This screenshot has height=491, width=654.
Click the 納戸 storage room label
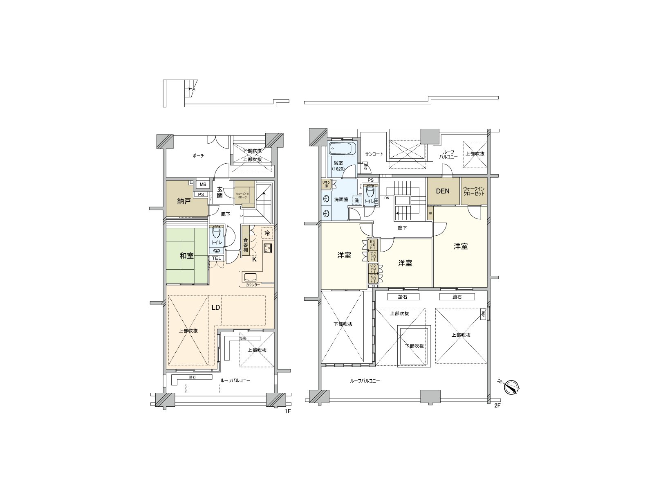pyautogui.click(x=184, y=201)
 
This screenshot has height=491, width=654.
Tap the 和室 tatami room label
pyautogui.click(x=186, y=256)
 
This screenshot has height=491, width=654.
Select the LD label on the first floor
pyautogui.click(x=216, y=307)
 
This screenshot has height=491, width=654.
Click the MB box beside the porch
pyautogui.click(x=203, y=185)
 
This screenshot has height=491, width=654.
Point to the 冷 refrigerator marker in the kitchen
pyautogui.click(x=267, y=233)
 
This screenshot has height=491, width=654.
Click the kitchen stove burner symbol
pyautogui.click(x=268, y=248)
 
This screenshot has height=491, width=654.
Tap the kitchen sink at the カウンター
pyautogui.click(x=251, y=277)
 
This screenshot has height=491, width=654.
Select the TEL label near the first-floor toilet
pyautogui.click(x=216, y=258)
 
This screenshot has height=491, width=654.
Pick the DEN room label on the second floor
pyautogui.click(x=443, y=191)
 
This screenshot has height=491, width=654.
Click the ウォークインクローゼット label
pyautogui.click(x=474, y=191)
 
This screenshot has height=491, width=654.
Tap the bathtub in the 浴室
pyautogui.click(x=343, y=148)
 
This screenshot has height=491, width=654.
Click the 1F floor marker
pyautogui.click(x=287, y=411)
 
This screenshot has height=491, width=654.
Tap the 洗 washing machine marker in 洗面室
pyautogui.click(x=356, y=200)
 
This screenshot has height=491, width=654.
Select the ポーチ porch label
pyautogui.click(x=198, y=156)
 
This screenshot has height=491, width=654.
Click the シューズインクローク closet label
pyautogui.click(x=244, y=196)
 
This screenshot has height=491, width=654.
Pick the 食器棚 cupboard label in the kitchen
pyautogui.click(x=246, y=245)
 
